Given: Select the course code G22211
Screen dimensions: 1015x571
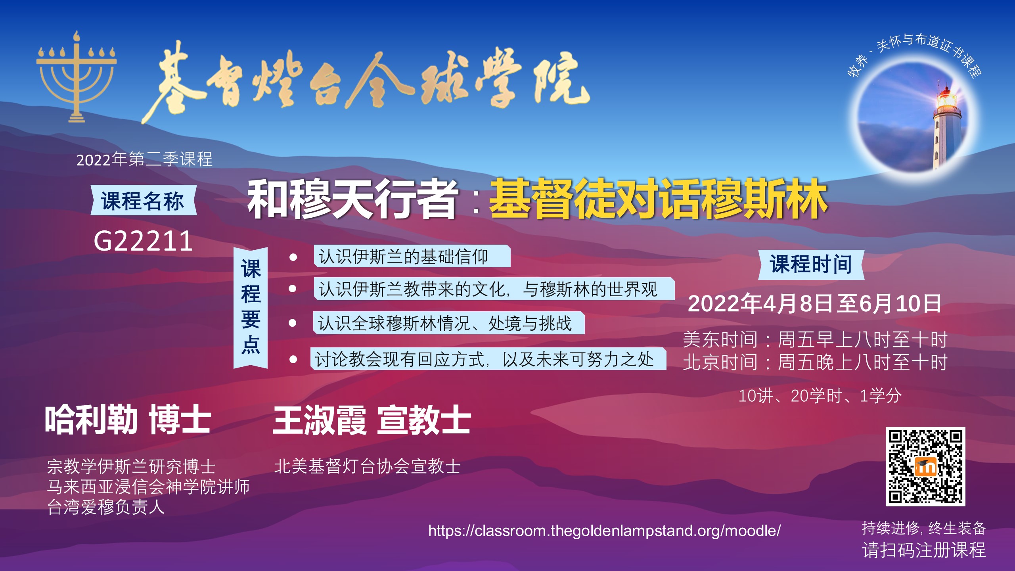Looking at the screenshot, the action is [143, 241].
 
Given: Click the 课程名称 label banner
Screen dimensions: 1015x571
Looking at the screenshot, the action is [143, 200].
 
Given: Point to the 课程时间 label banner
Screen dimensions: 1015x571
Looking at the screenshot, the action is [811, 264].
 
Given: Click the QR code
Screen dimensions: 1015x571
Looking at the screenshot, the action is [926, 467].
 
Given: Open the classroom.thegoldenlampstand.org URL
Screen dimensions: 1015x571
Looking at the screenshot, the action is [604, 531].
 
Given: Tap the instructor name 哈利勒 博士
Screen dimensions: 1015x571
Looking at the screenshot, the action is [128, 420].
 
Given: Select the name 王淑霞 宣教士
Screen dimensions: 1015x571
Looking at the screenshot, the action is [372, 420].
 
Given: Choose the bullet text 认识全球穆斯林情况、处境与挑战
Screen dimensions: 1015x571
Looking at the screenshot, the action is [445, 323].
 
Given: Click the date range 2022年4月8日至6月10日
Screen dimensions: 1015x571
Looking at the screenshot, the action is [814, 304].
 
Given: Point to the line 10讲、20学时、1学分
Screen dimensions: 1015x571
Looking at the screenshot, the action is [820, 396].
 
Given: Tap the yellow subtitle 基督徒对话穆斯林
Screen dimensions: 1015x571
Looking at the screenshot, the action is [658, 199].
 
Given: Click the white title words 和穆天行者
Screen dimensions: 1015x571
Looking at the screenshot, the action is [352, 199].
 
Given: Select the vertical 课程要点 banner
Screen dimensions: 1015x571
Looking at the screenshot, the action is [251, 307].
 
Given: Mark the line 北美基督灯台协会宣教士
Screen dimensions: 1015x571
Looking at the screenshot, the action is [368, 466].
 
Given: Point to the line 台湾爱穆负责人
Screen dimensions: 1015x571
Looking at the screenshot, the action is [106, 507].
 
